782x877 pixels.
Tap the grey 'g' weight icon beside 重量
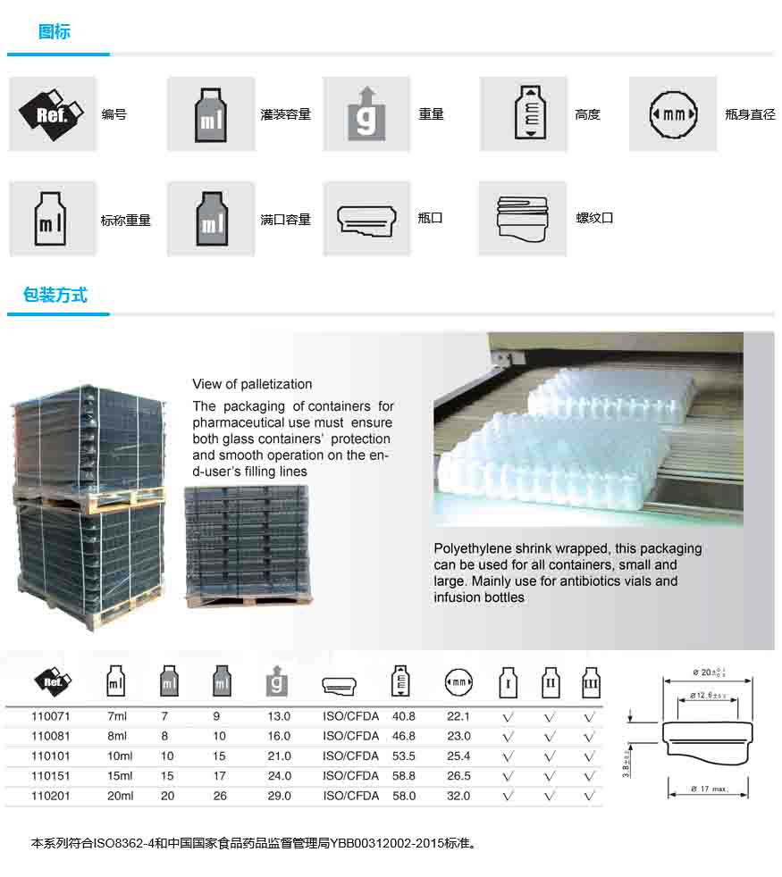pos(366,113)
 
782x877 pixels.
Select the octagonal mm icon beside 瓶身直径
pos(673,114)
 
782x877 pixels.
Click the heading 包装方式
pos(55,296)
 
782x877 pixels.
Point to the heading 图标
pos(55,32)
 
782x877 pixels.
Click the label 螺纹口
pos(594,218)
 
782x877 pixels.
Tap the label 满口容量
pos(285,219)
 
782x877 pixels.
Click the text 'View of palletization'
pos(252,384)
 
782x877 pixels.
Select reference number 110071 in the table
pos(51,716)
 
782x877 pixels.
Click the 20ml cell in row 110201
pos(120,796)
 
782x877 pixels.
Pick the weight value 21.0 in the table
pos(279,756)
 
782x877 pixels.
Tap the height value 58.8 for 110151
pos(403,776)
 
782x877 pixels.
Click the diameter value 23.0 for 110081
pos(458,736)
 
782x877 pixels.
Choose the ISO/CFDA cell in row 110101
pos(350,756)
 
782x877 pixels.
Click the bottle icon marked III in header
pos(591,683)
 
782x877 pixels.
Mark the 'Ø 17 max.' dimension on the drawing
pos(709,789)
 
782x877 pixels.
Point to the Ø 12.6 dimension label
pos(708,697)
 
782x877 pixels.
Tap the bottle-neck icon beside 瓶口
pos(366,219)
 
